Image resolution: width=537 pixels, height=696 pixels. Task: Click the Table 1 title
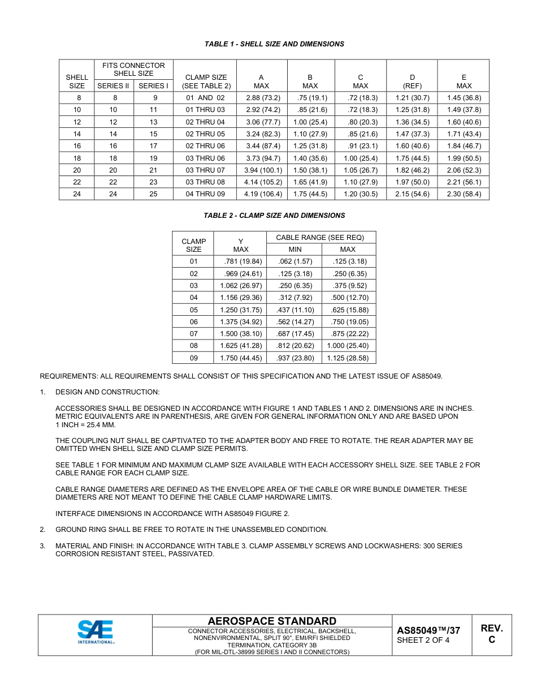(x=274, y=44)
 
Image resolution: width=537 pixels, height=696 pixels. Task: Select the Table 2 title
(x=274, y=216)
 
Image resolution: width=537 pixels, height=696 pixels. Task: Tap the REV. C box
(x=491, y=634)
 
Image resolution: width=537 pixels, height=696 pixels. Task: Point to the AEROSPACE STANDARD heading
(x=272, y=621)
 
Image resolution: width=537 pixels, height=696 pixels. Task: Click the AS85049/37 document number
(x=428, y=630)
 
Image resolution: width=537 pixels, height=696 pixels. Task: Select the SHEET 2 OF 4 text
(x=423, y=641)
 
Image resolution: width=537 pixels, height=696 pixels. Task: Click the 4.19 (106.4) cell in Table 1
(x=263, y=194)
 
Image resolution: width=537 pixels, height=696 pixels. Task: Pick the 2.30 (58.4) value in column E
(x=464, y=194)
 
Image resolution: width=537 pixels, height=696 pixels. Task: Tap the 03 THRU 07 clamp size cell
(x=205, y=170)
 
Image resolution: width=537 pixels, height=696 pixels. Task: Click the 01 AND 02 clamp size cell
(x=205, y=98)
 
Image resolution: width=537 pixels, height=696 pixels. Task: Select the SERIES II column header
(x=113, y=86)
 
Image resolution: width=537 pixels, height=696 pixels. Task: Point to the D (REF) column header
(x=412, y=81)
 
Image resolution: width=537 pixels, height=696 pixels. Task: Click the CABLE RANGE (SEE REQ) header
(x=320, y=238)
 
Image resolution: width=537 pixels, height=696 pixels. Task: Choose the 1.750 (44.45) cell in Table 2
(x=240, y=358)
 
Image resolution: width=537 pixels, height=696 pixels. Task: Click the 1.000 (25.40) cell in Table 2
(x=348, y=346)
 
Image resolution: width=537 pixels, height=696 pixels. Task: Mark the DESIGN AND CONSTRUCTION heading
(x=107, y=392)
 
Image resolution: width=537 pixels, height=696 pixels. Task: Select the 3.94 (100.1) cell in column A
(x=263, y=170)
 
